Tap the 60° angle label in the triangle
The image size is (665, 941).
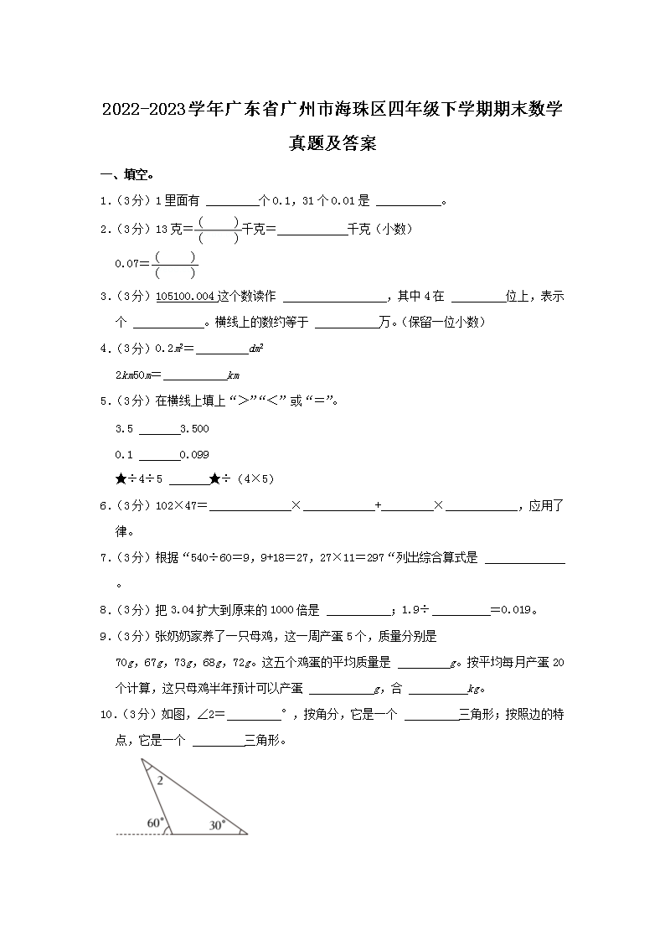point(155,823)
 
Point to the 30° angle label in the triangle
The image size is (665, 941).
point(217,825)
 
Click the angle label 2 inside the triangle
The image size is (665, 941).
point(160,778)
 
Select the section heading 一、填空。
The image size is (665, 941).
point(126,175)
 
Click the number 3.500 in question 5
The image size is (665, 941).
point(194,429)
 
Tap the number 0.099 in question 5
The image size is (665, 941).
point(194,454)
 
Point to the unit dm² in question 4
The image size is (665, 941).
point(257,349)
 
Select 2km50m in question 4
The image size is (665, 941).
point(134,375)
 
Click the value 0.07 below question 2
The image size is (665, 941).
point(126,263)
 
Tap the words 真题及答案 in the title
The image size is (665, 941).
point(332,143)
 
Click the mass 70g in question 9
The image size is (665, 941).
point(125,663)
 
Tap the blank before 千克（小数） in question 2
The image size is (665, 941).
point(312,229)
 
